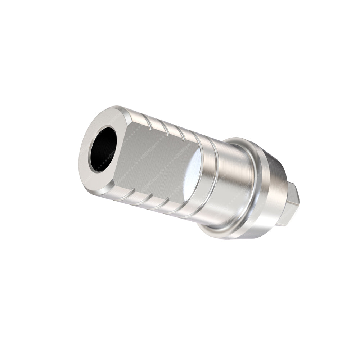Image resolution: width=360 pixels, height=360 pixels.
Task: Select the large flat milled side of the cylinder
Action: pyautogui.click(x=155, y=158)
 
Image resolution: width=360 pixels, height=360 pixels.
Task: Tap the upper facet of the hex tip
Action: pyautogui.click(x=293, y=191)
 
